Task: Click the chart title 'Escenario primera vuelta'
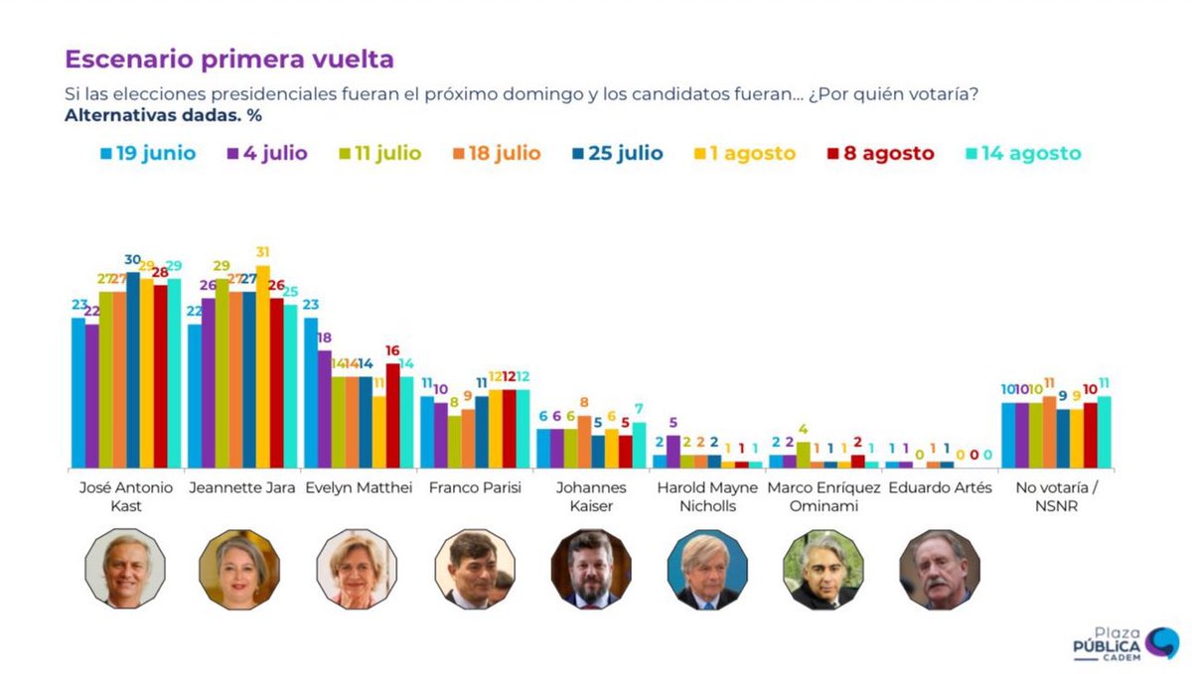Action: coord(229,60)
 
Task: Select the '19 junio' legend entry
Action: coord(148,153)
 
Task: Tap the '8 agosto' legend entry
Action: coord(881,153)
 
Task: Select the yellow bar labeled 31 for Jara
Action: coord(262,366)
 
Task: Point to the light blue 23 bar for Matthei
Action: coord(310,392)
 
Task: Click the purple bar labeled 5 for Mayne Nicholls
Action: coord(673,451)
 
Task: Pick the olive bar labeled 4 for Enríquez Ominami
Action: coord(803,455)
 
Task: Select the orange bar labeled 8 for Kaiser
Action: coord(583,441)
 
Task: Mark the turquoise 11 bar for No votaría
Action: coord(1104,431)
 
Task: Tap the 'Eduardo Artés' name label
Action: coord(939,488)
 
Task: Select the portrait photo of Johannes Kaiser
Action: coord(591,569)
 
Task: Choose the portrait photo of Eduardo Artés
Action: coord(940,569)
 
